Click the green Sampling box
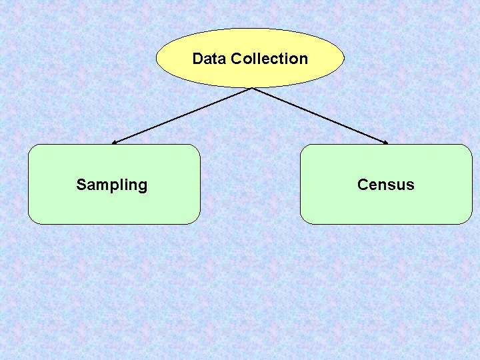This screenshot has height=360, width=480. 113,203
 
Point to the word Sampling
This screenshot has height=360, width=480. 111,185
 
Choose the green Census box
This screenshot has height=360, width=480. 385,203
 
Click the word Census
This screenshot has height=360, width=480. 385,185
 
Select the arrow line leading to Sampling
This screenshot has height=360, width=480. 181,115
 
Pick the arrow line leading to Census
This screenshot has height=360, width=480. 320,115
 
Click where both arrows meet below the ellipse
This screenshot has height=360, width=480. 251,87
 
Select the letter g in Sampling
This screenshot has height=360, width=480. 142,186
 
